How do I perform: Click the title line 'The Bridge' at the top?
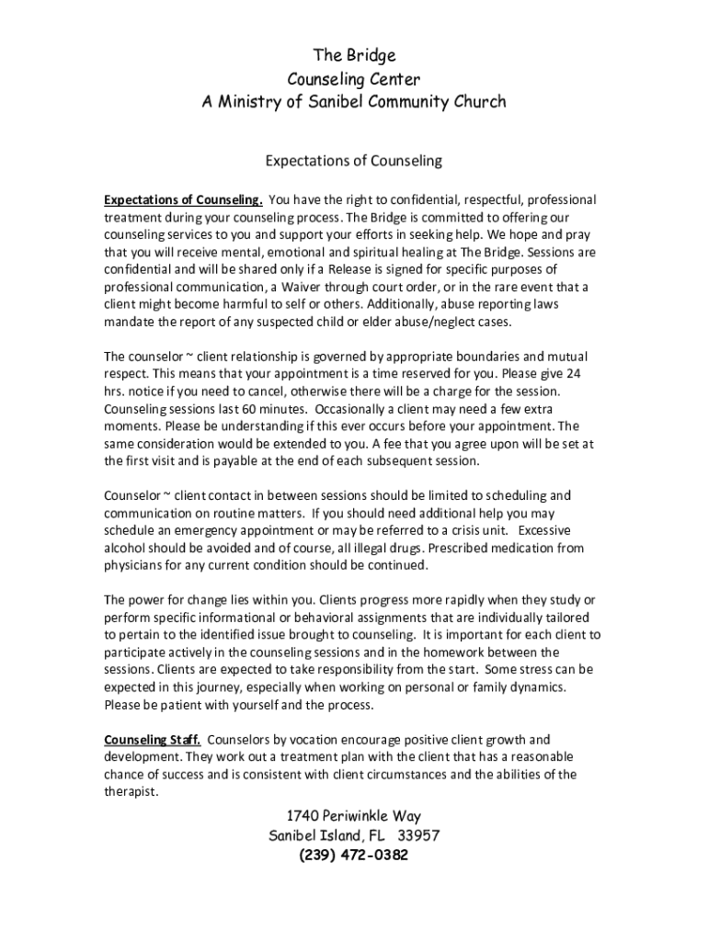pyautogui.click(x=354, y=56)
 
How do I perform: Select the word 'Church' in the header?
pyautogui.click(x=475, y=102)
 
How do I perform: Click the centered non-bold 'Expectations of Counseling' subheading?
pyautogui.click(x=354, y=162)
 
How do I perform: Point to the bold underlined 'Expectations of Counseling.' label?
pyautogui.click(x=183, y=200)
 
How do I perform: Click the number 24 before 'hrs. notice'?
pyautogui.click(x=573, y=374)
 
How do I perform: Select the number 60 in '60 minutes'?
pyautogui.click(x=233, y=409)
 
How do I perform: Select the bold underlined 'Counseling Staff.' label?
pyautogui.click(x=152, y=740)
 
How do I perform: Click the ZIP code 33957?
pyautogui.click(x=419, y=836)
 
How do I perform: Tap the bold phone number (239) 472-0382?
pyautogui.click(x=354, y=856)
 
